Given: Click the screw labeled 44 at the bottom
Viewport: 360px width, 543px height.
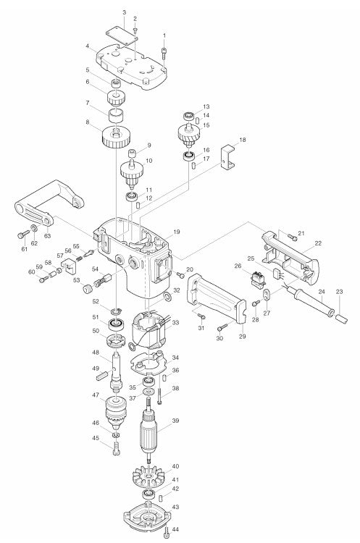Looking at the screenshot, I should click(167, 533).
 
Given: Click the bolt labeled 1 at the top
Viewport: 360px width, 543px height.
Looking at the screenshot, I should click(167, 51).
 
